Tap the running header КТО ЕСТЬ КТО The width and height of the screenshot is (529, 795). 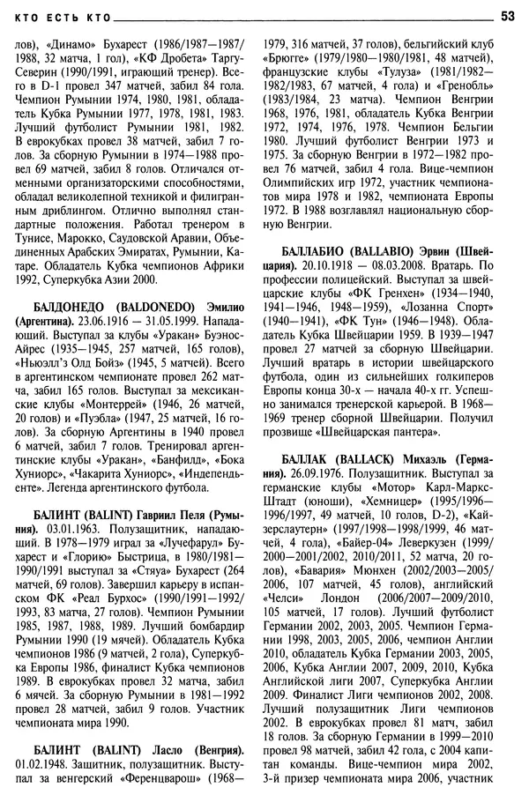tap(55, 16)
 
